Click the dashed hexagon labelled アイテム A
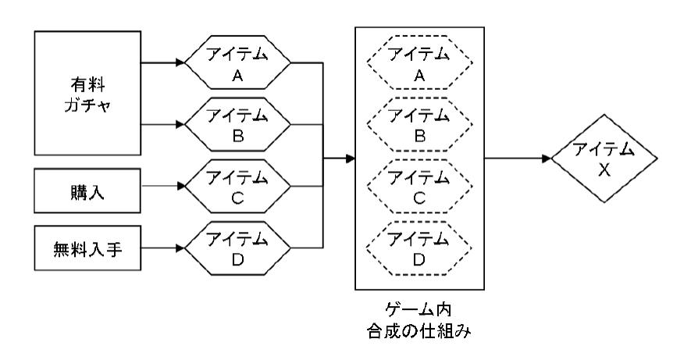(x=420, y=63)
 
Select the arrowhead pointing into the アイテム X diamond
(x=546, y=159)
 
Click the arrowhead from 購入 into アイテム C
(x=180, y=187)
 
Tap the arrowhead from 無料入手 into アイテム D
(x=180, y=249)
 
